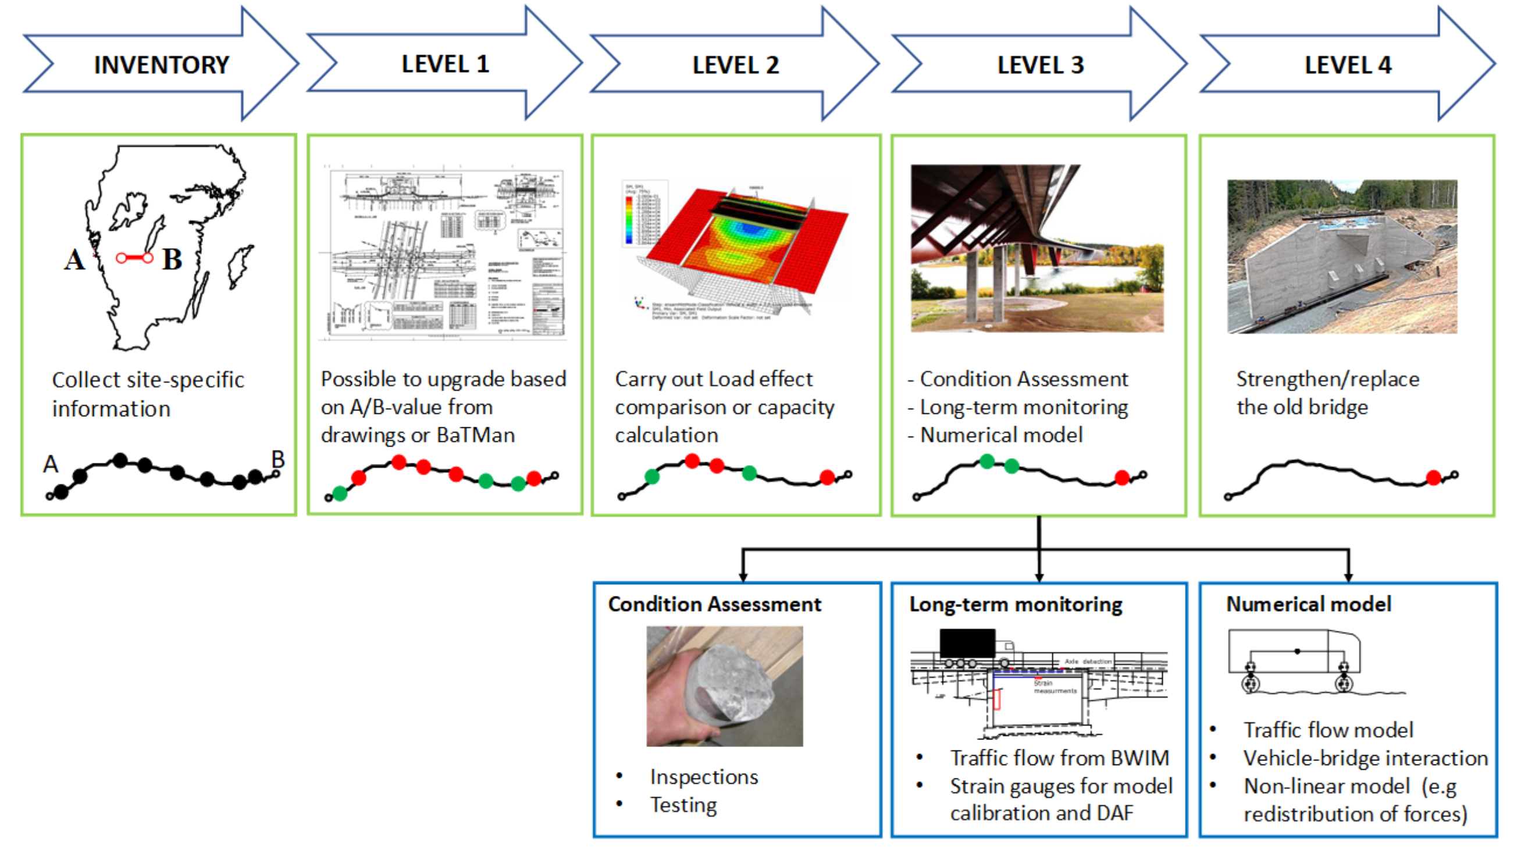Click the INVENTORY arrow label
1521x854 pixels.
coord(161,65)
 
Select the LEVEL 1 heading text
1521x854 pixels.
coord(445,65)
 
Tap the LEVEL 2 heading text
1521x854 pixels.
coord(736,65)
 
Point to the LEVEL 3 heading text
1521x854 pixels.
coord(1041,65)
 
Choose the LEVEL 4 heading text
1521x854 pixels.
coord(1348,65)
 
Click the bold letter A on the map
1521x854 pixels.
coord(74,260)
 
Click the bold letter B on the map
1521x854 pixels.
coord(172,260)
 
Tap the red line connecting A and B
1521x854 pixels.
coord(134,258)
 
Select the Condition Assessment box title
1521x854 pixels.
coord(714,605)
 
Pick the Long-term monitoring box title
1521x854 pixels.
coord(1016,605)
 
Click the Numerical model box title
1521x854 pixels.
coord(1309,605)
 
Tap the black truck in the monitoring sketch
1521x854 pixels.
coord(967,644)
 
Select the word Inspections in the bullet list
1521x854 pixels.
coord(704,777)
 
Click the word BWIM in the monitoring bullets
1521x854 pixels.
coord(1139,759)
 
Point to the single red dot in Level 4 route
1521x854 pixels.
coord(1433,477)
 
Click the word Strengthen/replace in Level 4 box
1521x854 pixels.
coord(1327,379)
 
